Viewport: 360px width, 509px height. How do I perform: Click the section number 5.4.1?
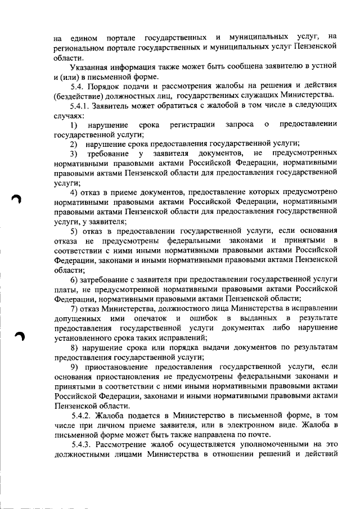click(81, 105)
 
